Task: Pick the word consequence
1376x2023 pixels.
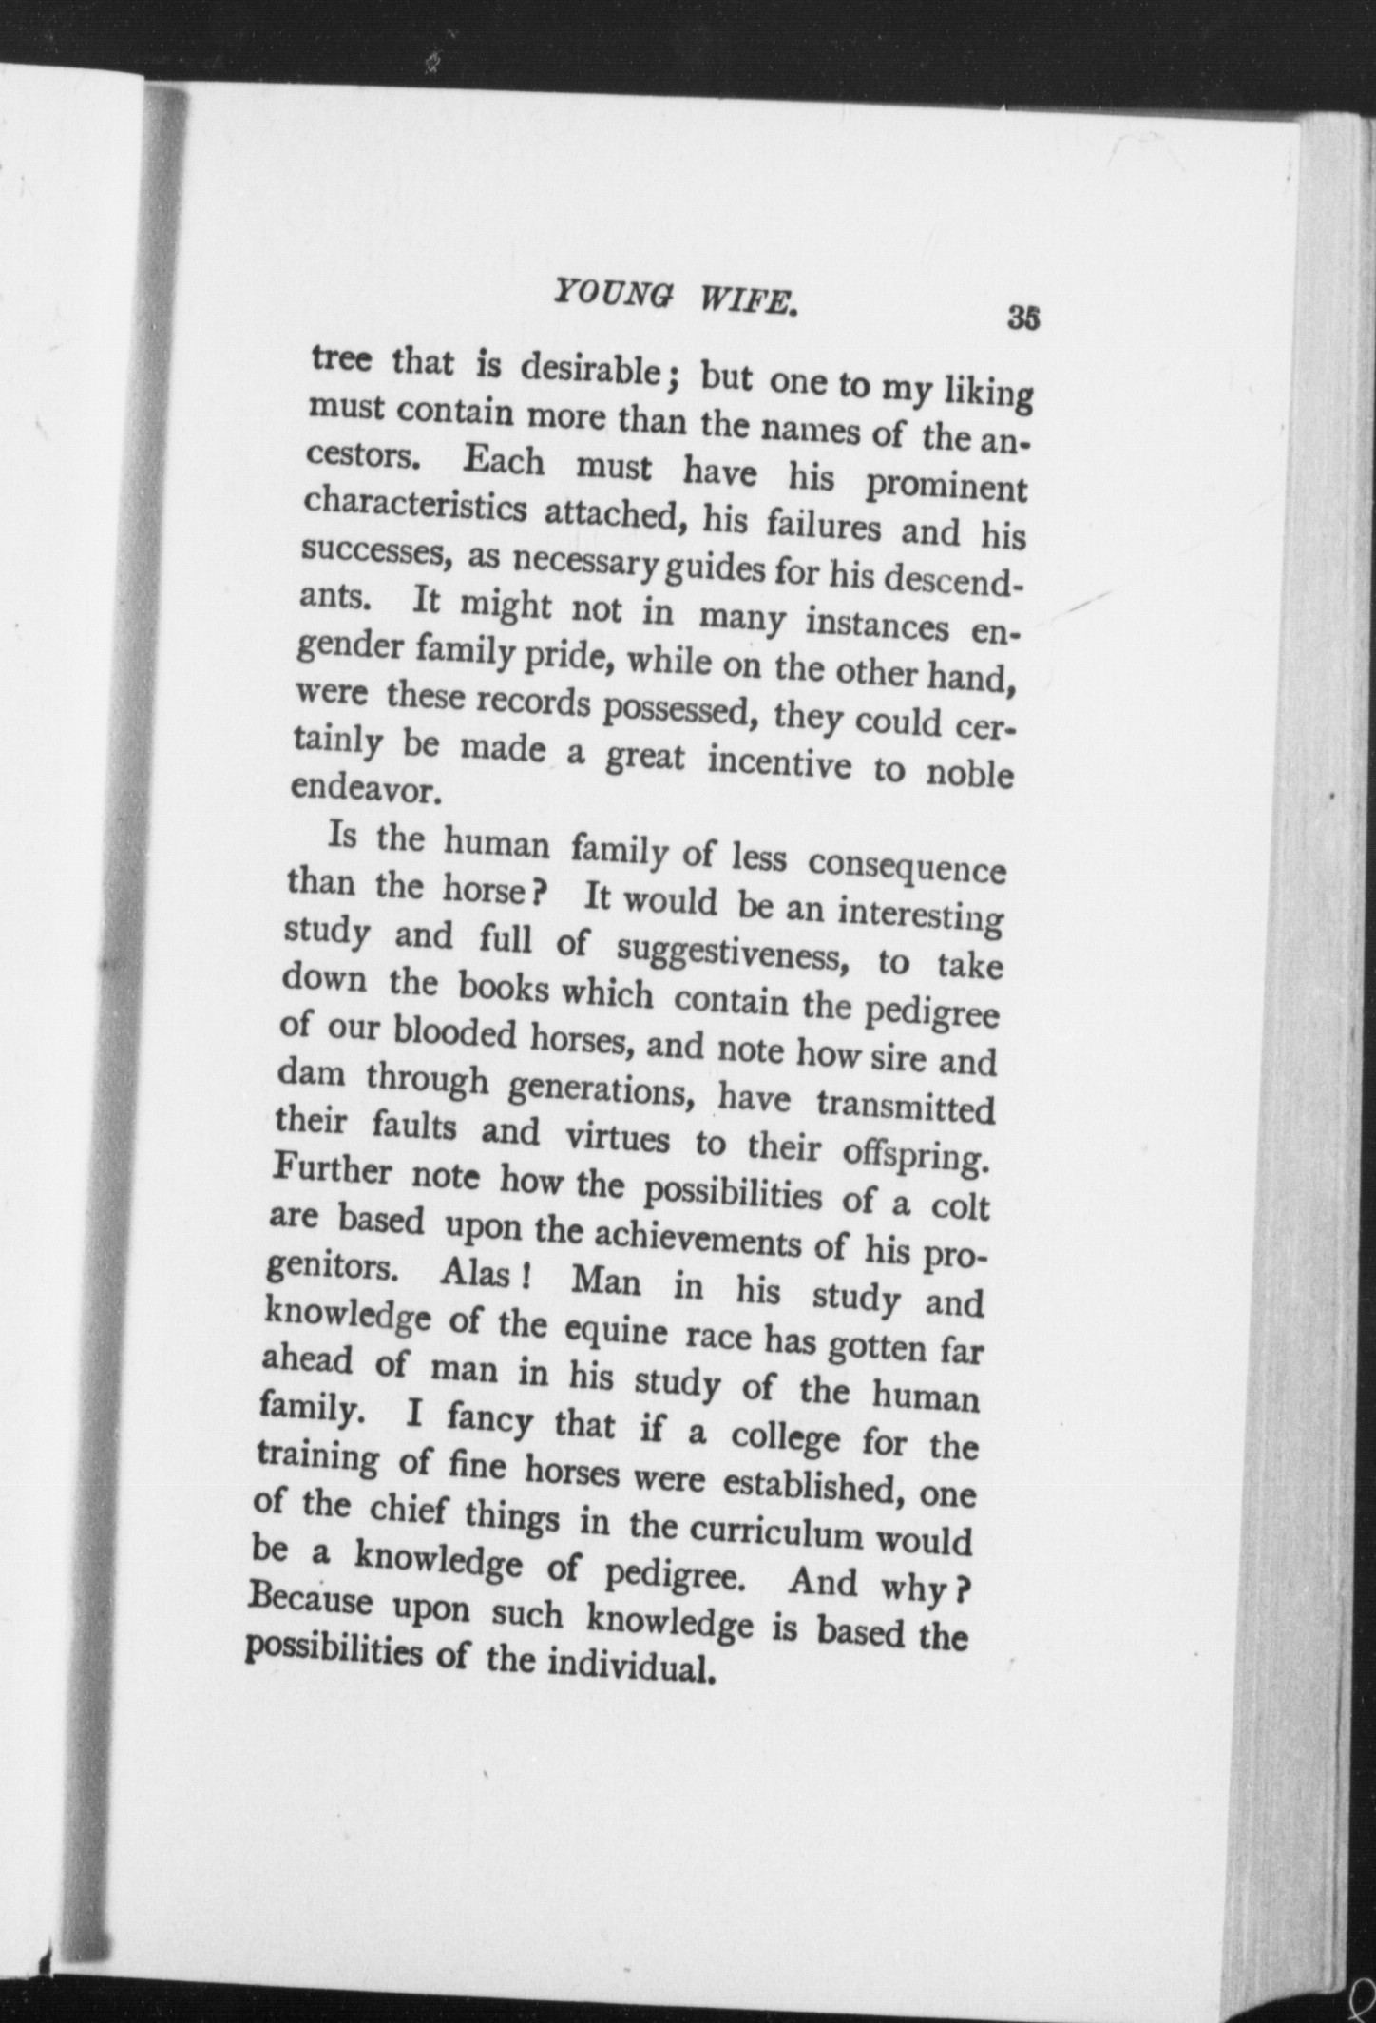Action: coord(906,867)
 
